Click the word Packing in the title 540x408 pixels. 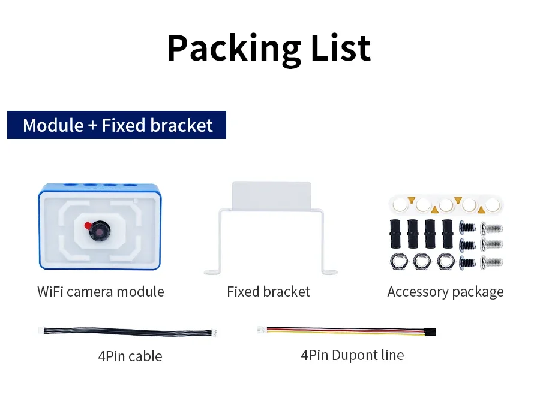click(233, 48)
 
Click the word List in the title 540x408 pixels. click(341, 48)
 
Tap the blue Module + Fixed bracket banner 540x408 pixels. click(117, 125)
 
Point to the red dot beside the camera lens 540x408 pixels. click(88, 225)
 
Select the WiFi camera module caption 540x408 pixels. click(100, 292)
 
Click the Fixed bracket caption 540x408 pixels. click(268, 292)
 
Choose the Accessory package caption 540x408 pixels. click(445, 292)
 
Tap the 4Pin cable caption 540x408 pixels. click(130, 356)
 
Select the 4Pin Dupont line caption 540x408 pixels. click(352, 355)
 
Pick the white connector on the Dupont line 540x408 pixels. click(262, 329)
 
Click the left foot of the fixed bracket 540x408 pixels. click(213, 272)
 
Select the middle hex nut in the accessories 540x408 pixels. click(421, 261)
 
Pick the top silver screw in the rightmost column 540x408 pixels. click(492, 228)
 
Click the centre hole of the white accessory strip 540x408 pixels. click(445, 205)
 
